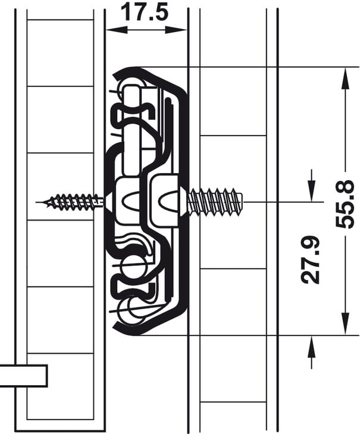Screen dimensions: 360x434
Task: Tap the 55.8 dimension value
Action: click(345, 204)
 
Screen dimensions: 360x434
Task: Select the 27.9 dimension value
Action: click(311, 260)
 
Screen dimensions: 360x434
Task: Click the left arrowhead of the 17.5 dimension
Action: click(117, 30)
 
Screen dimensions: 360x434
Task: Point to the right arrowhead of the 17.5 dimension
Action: click(176, 30)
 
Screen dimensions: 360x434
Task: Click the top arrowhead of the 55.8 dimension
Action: click(345, 78)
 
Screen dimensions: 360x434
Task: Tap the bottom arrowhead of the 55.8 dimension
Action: click(345, 324)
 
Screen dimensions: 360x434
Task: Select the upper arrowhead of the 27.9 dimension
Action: click(312, 191)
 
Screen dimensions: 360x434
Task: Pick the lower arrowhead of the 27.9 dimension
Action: click(312, 347)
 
